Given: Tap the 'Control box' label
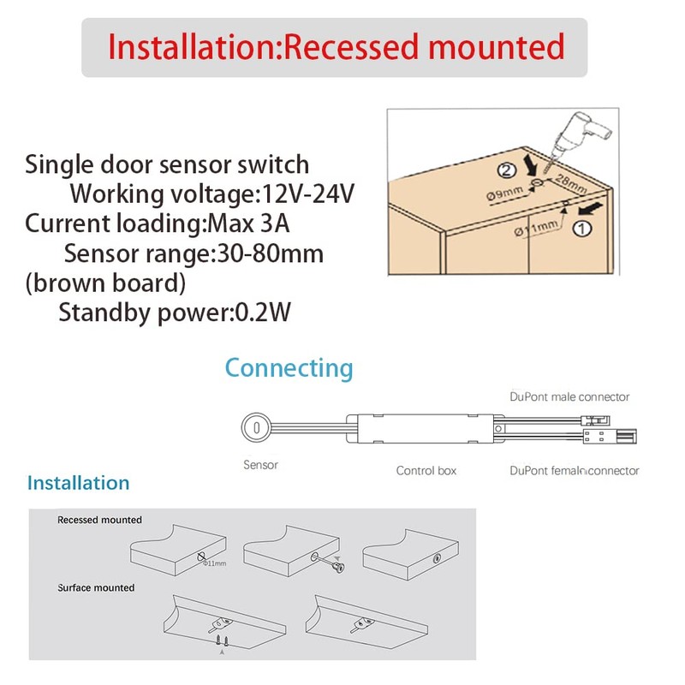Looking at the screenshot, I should click(426, 470).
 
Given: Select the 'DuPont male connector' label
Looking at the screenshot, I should click(569, 396).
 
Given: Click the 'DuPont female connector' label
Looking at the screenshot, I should click(574, 470).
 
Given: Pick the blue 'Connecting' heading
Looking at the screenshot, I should click(289, 368).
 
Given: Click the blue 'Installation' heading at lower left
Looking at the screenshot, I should click(78, 483).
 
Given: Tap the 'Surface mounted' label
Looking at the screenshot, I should click(96, 588).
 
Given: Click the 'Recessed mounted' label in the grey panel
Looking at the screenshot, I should click(99, 520).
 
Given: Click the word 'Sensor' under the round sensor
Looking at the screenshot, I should click(261, 465).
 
